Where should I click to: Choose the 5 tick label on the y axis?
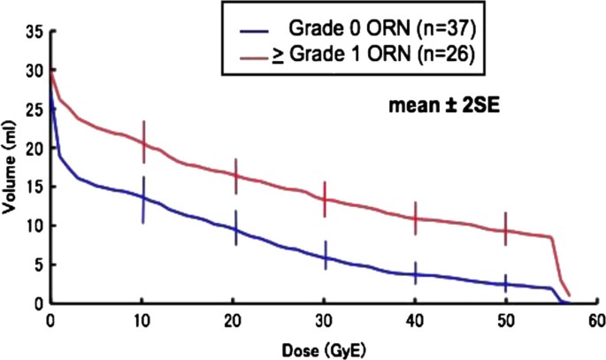(x=36, y=264)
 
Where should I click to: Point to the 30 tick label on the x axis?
(x=325, y=318)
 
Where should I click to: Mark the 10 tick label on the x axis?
(x=143, y=318)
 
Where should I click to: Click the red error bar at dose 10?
(x=143, y=142)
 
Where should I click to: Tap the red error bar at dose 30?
(x=326, y=199)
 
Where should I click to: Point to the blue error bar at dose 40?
(x=416, y=273)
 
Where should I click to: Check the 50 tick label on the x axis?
(x=505, y=318)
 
